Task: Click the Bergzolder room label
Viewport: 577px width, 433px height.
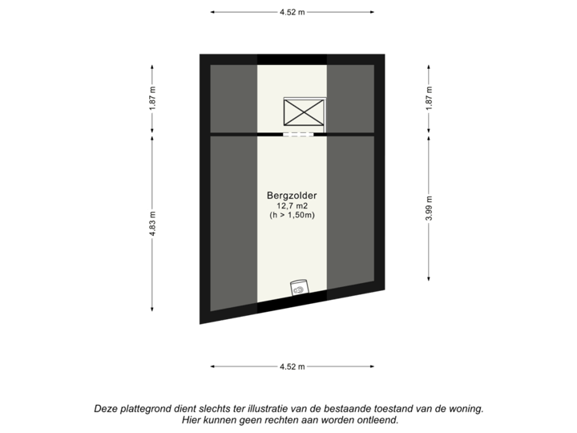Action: click(x=291, y=195)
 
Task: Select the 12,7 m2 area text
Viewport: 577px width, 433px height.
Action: click(x=291, y=206)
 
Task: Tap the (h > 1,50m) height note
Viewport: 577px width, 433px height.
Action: click(x=291, y=216)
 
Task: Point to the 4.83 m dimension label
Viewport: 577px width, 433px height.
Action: click(x=152, y=223)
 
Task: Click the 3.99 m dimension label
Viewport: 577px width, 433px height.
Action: click(x=429, y=208)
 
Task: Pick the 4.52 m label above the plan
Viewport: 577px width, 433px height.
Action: click(x=292, y=12)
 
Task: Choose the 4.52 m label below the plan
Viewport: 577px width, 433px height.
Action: click(x=292, y=366)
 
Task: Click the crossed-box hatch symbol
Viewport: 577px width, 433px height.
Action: click(x=305, y=111)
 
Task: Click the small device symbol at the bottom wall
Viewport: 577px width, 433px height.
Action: click(x=300, y=289)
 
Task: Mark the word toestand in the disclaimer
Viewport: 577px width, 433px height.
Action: click(x=395, y=408)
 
